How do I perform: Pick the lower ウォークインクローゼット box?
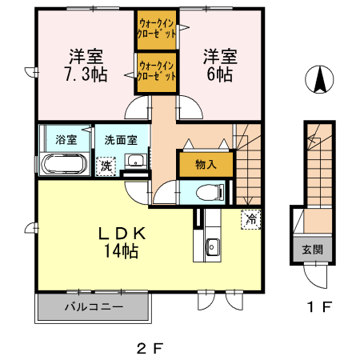coord(155,73)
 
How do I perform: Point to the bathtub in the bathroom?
coord(63,166)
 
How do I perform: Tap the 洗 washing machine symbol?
coord(105,166)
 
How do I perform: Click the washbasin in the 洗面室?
coord(137,159)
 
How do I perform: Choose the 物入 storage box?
coord(206,164)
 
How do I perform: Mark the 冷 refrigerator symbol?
coord(250,218)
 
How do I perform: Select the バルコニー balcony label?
coord(94,307)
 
